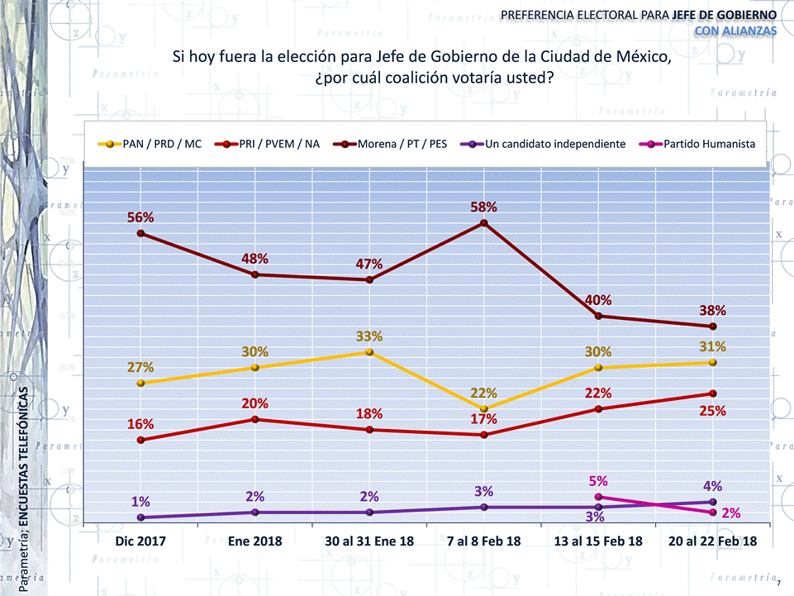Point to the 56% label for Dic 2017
140,217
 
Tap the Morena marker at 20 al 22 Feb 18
712,327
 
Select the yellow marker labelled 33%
369,352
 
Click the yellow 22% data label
484,393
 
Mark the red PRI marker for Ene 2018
255,419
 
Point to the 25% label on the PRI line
712,411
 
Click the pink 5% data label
598,480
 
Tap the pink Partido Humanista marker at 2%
712,513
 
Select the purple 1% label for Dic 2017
140,502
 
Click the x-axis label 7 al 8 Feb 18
484,541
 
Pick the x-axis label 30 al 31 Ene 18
369,541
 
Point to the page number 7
778,571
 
